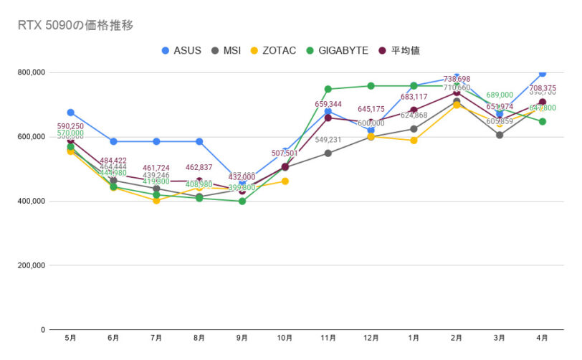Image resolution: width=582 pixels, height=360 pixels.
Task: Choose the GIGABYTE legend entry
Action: click(x=333, y=50)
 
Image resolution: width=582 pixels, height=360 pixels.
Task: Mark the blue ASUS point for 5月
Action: click(x=70, y=113)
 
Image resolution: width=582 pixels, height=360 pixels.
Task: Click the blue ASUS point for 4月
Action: click(x=543, y=73)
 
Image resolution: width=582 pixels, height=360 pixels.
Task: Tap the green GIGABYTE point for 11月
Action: click(x=328, y=90)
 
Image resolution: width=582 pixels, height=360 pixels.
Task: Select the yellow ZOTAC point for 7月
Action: click(x=156, y=201)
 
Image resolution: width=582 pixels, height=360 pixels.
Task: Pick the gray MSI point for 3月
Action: click(x=500, y=135)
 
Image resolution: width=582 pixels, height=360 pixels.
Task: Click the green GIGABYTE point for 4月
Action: click(x=543, y=122)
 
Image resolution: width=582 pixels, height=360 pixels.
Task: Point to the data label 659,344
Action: click(x=328, y=105)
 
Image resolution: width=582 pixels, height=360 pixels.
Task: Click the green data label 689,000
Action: click(x=500, y=95)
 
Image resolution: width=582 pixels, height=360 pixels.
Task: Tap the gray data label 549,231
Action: click(x=328, y=140)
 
